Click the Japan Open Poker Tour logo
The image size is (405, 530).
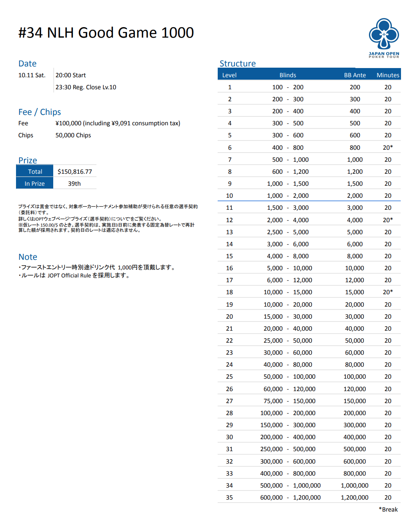[384, 38]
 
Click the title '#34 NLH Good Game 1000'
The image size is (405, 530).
[106, 33]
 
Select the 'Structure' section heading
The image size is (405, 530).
[237, 64]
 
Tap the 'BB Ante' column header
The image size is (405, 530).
[355, 75]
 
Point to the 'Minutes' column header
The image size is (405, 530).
[388, 75]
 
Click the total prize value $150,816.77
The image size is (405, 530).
[75, 172]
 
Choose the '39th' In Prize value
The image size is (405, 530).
[74, 184]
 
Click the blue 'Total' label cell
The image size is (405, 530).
[35, 172]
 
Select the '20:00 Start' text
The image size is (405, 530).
[70, 75]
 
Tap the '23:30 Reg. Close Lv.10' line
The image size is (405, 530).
[86, 87]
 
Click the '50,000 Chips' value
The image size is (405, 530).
[73, 135]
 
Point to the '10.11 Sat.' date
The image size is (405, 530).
[32, 75]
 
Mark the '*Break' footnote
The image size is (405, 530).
[388, 510]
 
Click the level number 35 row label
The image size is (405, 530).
[229, 498]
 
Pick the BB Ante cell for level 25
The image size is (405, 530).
[355, 377]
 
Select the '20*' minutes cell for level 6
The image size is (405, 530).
[388, 148]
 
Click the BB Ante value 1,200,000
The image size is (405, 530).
[355, 498]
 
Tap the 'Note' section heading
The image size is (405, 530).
[28, 257]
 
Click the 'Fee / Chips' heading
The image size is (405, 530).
[40, 112]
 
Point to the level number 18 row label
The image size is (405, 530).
[229, 292]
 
